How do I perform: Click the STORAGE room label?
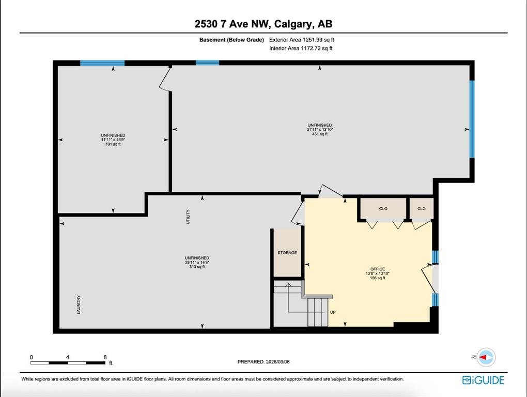pos(287,253)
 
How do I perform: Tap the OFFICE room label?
pos(378,269)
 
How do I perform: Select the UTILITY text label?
pos(188,217)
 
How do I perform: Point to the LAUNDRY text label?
pos(79,305)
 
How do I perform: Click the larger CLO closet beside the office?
pos(383,209)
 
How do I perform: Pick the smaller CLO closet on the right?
pos(422,209)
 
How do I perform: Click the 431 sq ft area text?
pos(320,134)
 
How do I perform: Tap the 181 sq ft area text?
pos(113,144)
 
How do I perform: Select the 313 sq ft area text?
pos(197,267)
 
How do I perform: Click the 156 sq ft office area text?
pos(378,278)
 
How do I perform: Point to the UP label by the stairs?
pos(333,312)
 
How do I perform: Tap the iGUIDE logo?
pos(483,380)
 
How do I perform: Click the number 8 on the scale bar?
pos(105,357)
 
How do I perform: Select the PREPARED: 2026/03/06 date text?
pos(263,362)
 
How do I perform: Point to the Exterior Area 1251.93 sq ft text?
pos(302,40)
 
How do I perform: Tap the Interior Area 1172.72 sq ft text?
pos(301,49)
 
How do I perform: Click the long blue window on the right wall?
pos(472,119)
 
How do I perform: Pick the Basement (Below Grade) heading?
pos(231,40)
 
